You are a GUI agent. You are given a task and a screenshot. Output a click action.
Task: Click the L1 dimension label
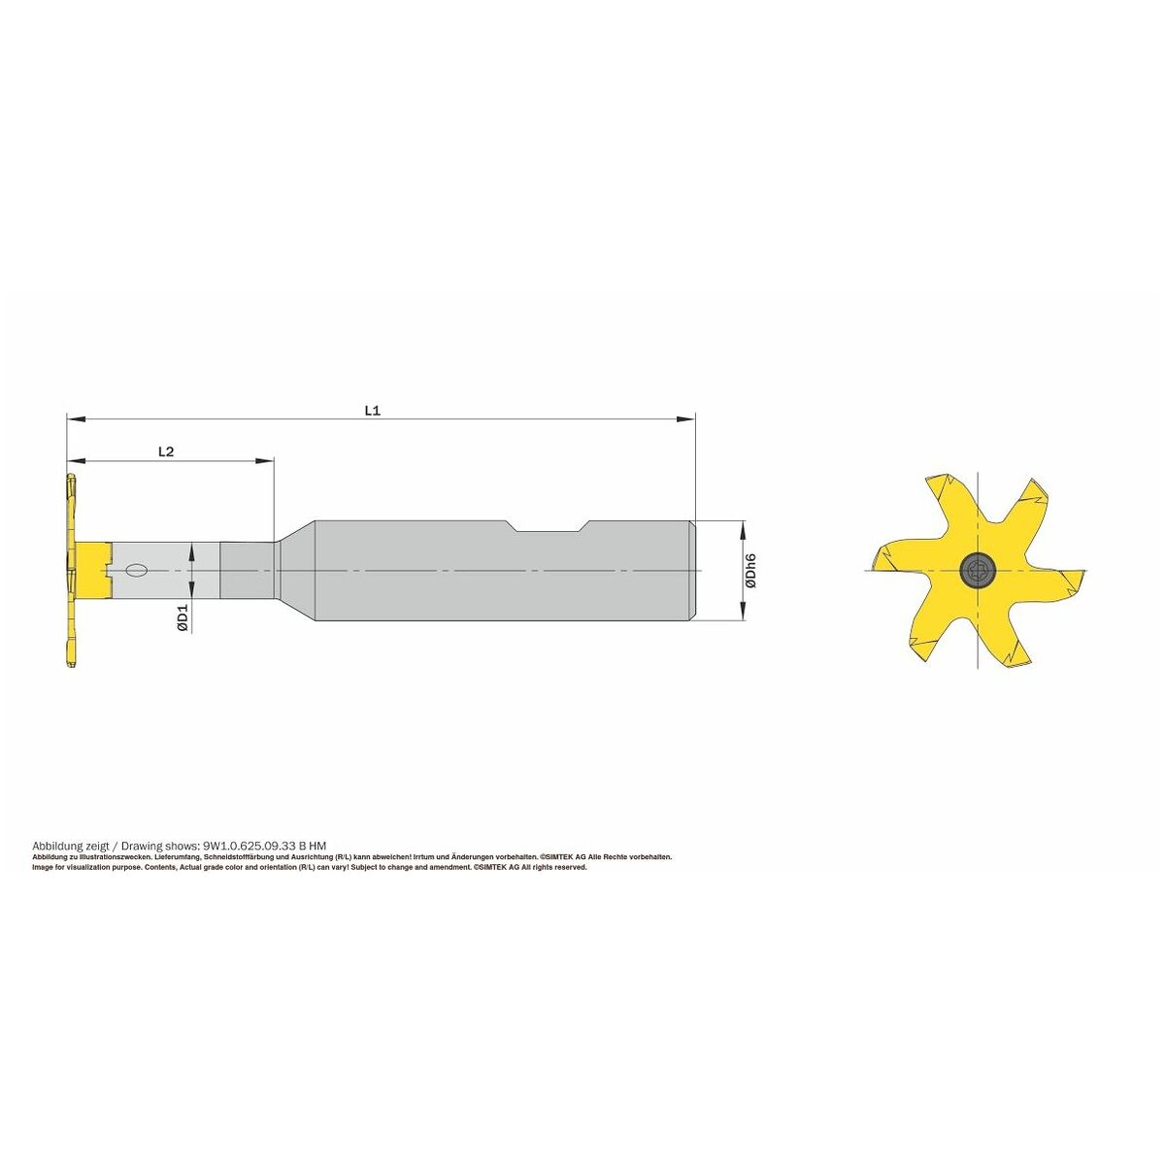[373, 410]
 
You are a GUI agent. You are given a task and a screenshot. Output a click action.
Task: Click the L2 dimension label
[166, 451]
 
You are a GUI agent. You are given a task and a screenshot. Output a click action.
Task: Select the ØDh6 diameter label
[750, 571]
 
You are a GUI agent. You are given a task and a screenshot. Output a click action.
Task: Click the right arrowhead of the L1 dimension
[685, 418]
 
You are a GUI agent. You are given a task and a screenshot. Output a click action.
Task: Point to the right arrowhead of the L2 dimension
[264, 461]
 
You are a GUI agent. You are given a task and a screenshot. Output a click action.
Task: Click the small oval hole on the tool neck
[136, 570]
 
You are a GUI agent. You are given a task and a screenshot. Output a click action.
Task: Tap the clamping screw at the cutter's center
[976, 570]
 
